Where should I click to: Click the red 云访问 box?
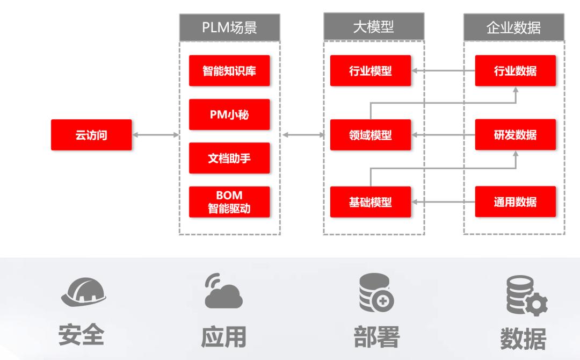coord(91,135)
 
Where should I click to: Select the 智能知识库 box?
coord(229,70)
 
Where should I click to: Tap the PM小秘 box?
coord(229,114)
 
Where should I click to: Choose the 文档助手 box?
coord(229,158)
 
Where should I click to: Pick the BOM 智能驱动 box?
coord(229,201)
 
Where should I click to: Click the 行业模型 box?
coord(370,70)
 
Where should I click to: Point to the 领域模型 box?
coord(370,135)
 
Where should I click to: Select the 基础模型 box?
coord(370,202)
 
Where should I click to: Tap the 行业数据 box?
coord(515,70)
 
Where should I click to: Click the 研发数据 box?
coord(515,135)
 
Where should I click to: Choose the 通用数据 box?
coord(515,202)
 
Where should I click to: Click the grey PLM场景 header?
coord(229,27)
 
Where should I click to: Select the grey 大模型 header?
coord(373,27)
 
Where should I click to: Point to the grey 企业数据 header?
coord(513,27)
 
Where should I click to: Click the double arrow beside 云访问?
coord(155,135)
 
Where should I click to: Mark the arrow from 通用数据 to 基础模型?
coord(443,202)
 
